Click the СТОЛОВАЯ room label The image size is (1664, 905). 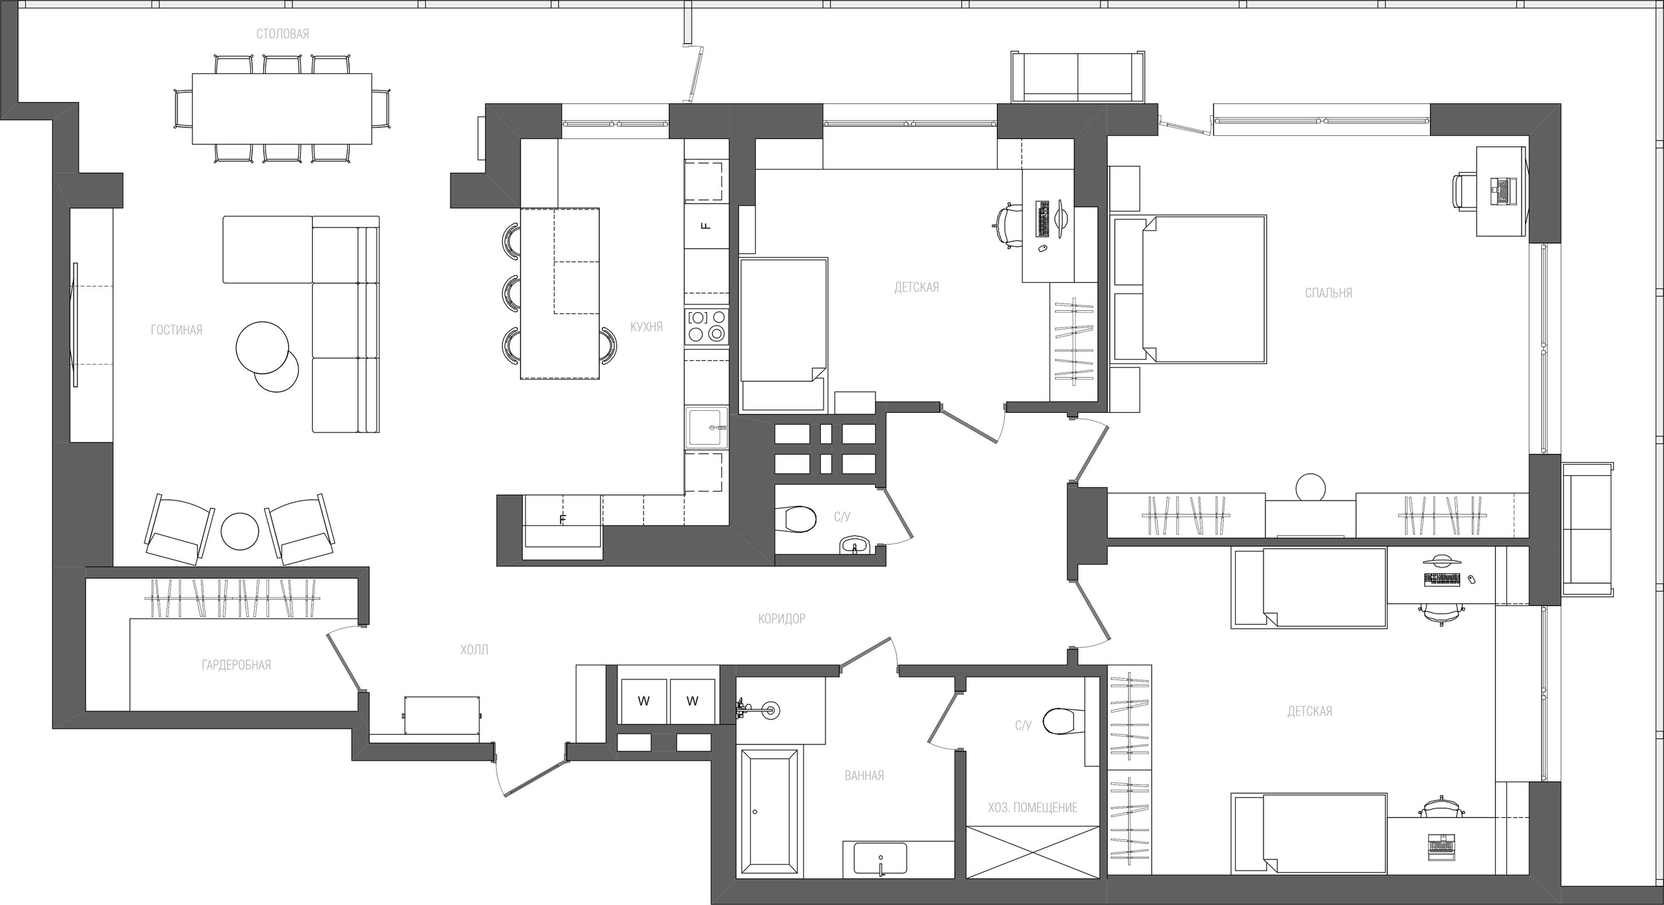click(282, 34)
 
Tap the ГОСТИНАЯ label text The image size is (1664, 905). click(177, 330)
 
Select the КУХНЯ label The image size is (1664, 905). click(646, 326)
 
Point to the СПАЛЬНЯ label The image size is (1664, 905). click(1329, 293)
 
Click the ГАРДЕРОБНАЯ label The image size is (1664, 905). click(236, 665)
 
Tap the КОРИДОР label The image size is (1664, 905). click(781, 619)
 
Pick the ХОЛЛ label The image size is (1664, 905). click(474, 649)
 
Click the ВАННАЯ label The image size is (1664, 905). click(864, 776)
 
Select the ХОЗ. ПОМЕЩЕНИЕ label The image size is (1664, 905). click(1032, 807)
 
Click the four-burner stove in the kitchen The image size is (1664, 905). click(707, 326)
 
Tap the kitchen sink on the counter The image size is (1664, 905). click(708, 427)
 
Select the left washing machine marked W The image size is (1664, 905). click(643, 701)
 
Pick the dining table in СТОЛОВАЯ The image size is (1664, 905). click(282, 108)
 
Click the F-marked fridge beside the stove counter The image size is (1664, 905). click(707, 226)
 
